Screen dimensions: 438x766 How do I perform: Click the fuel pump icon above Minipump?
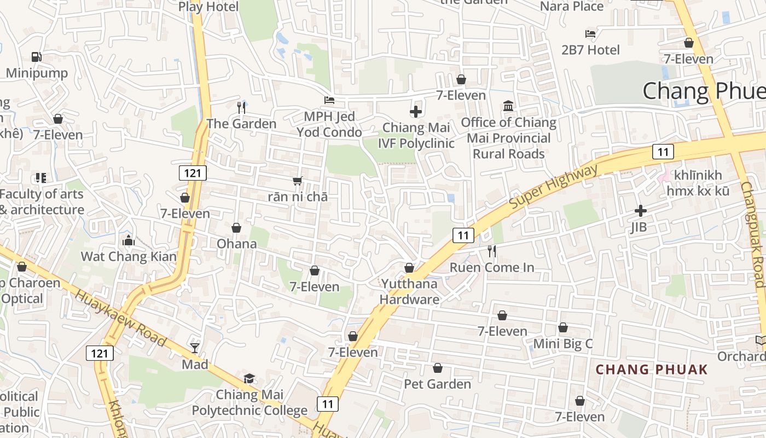[36, 56]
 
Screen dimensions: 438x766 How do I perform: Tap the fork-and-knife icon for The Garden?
[241, 107]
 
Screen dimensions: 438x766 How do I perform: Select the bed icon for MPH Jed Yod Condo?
[329, 100]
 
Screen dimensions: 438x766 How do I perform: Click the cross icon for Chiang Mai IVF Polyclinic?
[416, 112]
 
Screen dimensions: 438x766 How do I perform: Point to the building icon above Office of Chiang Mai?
[508, 106]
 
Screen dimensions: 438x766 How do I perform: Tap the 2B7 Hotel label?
[591, 50]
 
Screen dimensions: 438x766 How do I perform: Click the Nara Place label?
[572, 7]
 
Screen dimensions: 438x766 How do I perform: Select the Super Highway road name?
[554, 186]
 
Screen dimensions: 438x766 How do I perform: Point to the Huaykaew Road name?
[120, 318]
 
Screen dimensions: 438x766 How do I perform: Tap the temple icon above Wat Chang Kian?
[129, 240]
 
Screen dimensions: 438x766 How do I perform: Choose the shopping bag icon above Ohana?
[236, 228]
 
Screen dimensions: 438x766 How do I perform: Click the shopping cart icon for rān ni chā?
[298, 181]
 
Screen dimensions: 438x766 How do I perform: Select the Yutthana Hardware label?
[409, 291]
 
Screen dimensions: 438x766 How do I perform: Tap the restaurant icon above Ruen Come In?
[492, 251]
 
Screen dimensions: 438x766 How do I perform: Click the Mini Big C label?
[562, 344]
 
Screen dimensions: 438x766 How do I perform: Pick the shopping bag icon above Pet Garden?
[437, 368]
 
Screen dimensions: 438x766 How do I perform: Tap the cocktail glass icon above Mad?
[195, 348]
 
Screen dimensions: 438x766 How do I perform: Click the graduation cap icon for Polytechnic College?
[249, 378]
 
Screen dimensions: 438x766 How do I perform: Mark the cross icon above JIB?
[641, 210]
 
